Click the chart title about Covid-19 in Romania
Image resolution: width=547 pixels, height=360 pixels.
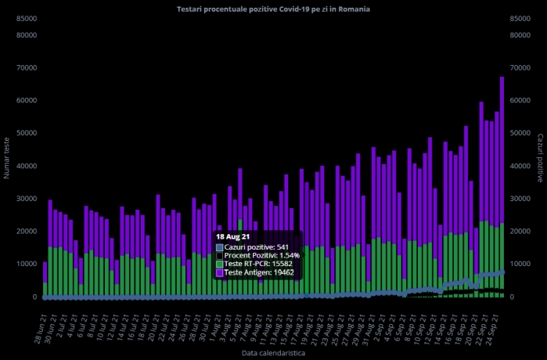(274, 9)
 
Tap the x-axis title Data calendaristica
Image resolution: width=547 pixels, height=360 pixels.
(273, 354)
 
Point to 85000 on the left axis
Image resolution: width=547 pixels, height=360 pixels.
(27, 19)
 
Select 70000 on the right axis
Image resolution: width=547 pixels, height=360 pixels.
(519, 67)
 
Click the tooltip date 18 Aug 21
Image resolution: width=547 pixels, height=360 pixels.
(233, 236)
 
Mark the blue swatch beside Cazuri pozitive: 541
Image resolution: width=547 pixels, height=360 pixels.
(220, 247)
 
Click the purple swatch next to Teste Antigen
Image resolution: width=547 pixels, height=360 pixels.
(220, 272)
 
